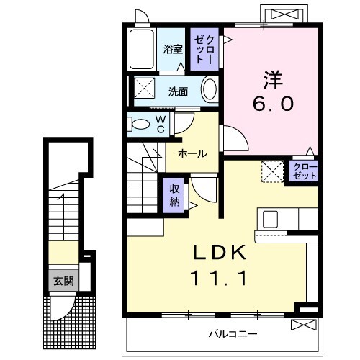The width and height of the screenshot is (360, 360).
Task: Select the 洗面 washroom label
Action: coord(179,91)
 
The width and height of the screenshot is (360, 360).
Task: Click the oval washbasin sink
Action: coord(209,91)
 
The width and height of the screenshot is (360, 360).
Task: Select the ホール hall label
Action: coord(192,153)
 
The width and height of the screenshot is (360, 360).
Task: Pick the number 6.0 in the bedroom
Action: coord(273,104)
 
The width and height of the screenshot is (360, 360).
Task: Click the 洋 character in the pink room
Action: coord(272,74)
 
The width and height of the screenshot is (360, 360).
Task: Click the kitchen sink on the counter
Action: coord(273,218)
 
